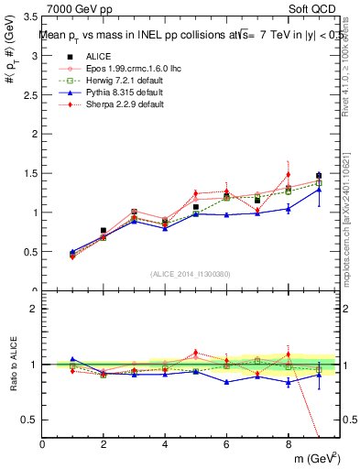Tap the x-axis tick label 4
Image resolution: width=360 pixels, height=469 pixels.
click(165, 444)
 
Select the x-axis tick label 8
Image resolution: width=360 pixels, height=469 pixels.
click(288, 444)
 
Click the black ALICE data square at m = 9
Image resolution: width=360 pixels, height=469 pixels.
click(319, 176)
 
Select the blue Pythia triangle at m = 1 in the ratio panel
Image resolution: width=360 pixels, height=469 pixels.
click(72, 360)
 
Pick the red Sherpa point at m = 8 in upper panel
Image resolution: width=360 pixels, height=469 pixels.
click(288, 174)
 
